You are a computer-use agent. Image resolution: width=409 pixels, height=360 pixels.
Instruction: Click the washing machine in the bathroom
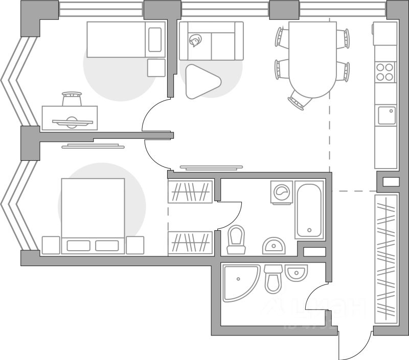282,193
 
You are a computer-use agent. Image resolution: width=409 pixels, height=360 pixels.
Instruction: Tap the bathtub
309,210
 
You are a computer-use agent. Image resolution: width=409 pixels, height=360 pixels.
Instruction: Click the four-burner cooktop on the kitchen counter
385,71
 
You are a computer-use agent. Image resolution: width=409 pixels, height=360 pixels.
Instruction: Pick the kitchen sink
386,115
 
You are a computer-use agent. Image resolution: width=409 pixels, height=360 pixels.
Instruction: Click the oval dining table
312,59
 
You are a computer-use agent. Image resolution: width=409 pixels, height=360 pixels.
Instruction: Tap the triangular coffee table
201,81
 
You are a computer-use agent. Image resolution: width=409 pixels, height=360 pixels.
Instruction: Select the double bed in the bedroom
93,214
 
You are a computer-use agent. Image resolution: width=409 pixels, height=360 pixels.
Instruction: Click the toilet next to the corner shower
274,280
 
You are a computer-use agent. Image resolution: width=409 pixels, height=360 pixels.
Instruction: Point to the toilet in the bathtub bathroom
236,240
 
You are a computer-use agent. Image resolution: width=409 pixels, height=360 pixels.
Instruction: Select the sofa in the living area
211,41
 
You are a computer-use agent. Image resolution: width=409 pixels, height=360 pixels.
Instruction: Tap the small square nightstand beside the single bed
156,68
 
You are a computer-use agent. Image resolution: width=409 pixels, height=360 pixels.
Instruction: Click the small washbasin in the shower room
294,273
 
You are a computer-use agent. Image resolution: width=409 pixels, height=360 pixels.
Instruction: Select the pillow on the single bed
154,39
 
